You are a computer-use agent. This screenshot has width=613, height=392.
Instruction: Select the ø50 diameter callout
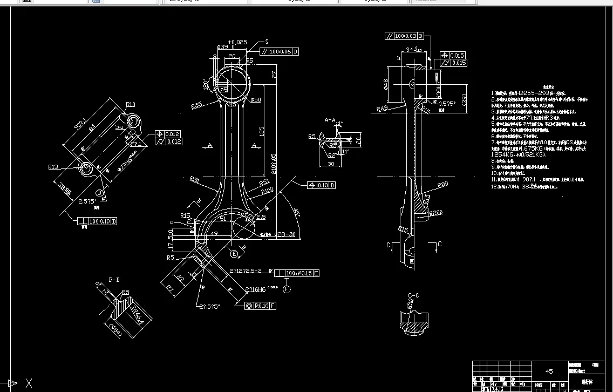[256, 100]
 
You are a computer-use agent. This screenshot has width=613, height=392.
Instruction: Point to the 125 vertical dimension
[261, 131]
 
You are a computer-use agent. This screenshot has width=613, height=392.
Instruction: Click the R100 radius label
[267, 191]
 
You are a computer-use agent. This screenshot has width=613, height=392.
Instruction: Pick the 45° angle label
[296, 212]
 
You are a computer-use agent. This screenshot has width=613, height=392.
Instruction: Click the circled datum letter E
[234, 253]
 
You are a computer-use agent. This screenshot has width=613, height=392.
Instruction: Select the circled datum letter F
[287, 289]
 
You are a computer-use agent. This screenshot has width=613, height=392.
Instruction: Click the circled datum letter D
[100, 193]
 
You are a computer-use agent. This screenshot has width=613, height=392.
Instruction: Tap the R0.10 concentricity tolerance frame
[261, 306]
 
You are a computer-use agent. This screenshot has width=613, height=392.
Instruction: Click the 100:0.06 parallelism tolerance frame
[280, 52]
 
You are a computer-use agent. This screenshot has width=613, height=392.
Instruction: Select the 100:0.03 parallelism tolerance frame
[405, 36]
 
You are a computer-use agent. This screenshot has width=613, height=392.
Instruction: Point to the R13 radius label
[53, 167]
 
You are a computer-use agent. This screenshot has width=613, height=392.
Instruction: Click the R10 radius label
[131, 104]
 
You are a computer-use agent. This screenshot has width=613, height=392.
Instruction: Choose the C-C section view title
[414, 295]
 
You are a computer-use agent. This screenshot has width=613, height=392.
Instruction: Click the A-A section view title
[330, 120]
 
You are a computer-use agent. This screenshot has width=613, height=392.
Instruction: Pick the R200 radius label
[436, 213]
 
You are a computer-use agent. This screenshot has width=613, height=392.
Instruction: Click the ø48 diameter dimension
[386, 84]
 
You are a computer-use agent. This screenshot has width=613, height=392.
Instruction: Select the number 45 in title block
[549, 371]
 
